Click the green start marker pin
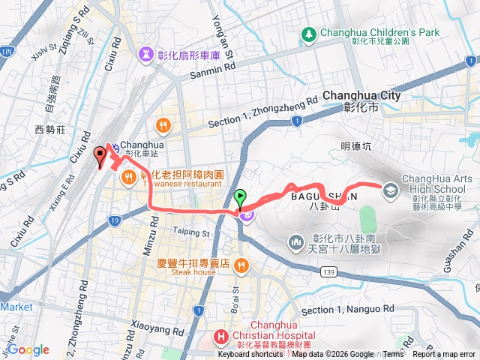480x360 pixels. pos(240,199)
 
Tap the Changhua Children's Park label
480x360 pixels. pos(379,33)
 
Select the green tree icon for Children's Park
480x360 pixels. pos(308,34)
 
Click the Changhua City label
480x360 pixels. pos(361,96)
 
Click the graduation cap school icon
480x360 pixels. pos(390,190)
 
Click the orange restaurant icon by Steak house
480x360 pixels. pos(241,265)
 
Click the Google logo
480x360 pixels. pos(28,349)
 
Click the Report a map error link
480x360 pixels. pos(448,355)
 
